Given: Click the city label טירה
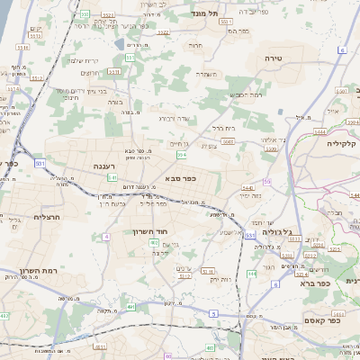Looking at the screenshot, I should coord(274,58).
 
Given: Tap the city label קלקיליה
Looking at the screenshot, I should coord(342,143).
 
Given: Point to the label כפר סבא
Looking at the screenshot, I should coord(181,179).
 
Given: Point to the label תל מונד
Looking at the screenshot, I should coord(205,13).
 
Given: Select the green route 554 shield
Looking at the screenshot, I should coord(182,156).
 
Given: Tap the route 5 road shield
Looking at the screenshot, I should coord(213,313).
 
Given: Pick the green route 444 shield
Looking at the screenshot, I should coord(250,273).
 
